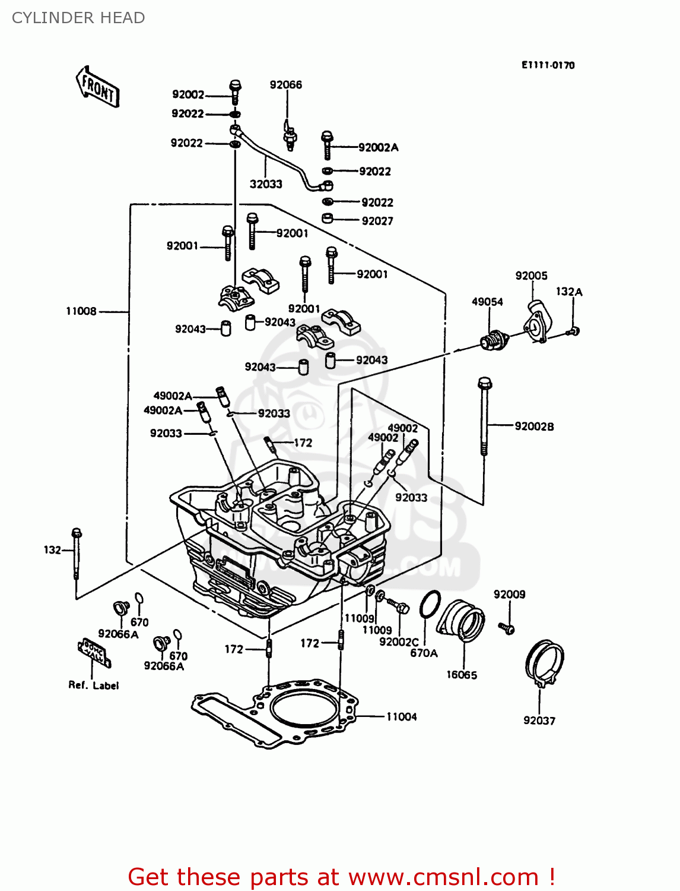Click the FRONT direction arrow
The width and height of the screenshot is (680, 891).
[x=98, y=87]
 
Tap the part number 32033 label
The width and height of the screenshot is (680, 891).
[x=266, y=184]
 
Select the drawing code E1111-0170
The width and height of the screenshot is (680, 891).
[x=548, y=65]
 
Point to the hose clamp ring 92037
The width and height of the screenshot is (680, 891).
[x=544, y=663]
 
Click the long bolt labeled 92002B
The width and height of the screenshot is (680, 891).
[x=484, y=416]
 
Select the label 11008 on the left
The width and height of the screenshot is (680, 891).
[x=81, y=311]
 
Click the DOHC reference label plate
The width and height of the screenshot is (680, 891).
[x=94, y=653]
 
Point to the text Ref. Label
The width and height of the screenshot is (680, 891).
[x=93, y=685]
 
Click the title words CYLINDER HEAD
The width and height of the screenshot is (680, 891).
[x=78, y=18]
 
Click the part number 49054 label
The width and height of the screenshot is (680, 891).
[x=487, y=302]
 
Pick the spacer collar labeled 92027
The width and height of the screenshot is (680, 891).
[x=328, y=219]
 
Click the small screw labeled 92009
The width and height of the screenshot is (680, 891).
[x=506, y=627]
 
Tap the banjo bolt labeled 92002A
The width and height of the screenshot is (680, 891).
[x=327, y=145]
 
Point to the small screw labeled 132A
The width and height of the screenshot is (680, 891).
[x=573, y=331]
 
